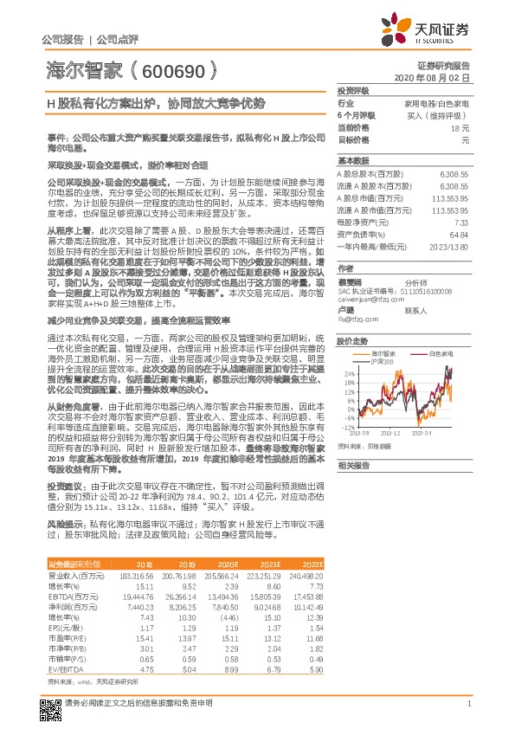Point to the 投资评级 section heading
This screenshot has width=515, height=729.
point(353,90)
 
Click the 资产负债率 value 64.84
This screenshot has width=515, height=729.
point(459,234)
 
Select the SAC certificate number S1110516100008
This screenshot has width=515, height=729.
point(406,292)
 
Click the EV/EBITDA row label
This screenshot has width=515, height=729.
point(63,668)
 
